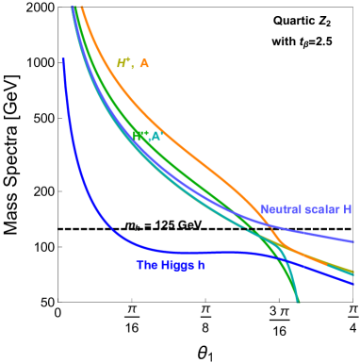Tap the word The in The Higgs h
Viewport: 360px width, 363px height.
click(146, 265)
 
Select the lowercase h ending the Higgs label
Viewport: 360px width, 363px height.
click(202, 265)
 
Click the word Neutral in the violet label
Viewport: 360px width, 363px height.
click(281, 209)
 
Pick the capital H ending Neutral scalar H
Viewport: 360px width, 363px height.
click(348, 209)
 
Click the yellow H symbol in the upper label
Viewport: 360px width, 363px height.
click(123, 63)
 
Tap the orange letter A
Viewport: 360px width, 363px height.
click(144, 63)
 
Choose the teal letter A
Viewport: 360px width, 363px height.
click(157, 136)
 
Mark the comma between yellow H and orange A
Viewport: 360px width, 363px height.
click(133, 66)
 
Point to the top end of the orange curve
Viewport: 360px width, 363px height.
click(82, 7)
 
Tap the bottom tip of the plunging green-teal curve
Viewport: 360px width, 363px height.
click(298, 302)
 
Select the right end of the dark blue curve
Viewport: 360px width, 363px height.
click(353, 279)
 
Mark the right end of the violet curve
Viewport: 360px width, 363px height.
click(353, 242)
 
